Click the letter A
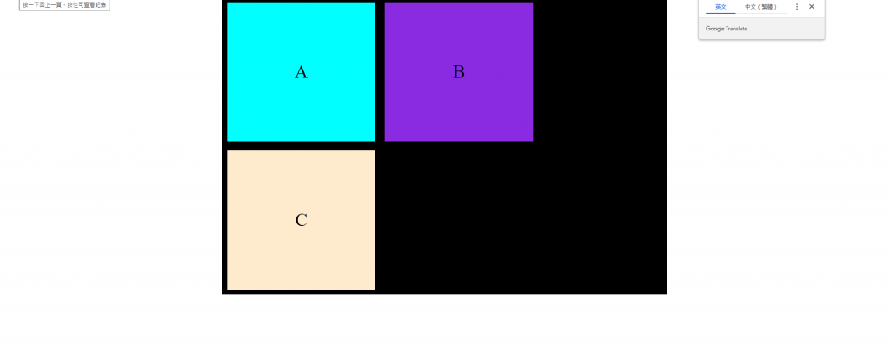pyautogui.click(x=301, y=72)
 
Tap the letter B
pyautogui.click(x=459, y=72)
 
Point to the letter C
pyautogui.click(x=302, y=220)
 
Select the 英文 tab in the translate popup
pyautogui.click(x=721, y=6)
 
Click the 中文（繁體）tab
pyautogui.click(x=761, y=6)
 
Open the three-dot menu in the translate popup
pyautogui.click(x=797, y=6)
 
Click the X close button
pyautogui.click(x=812, y=6)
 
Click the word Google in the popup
pyautogui.click(x=714, y=29)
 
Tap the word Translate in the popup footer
pyautogui.click(x=736, y=29)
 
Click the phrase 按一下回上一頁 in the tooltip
pyautogui.click(x=42, y=4)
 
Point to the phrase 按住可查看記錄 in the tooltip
pyautogui.click(x=87, y=4)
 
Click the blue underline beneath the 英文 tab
pyautogui.click(x=721, y=13)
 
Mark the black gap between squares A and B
pyautogui.click(x=380, y=72)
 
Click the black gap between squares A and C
pyautogui.click(x=301, y=145)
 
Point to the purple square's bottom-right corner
pyautogui.click(x=532, y=140)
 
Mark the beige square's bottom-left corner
pyautogui.click(x=228, y=289)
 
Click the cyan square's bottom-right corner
pyautogui.click(x=375, y=140)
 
